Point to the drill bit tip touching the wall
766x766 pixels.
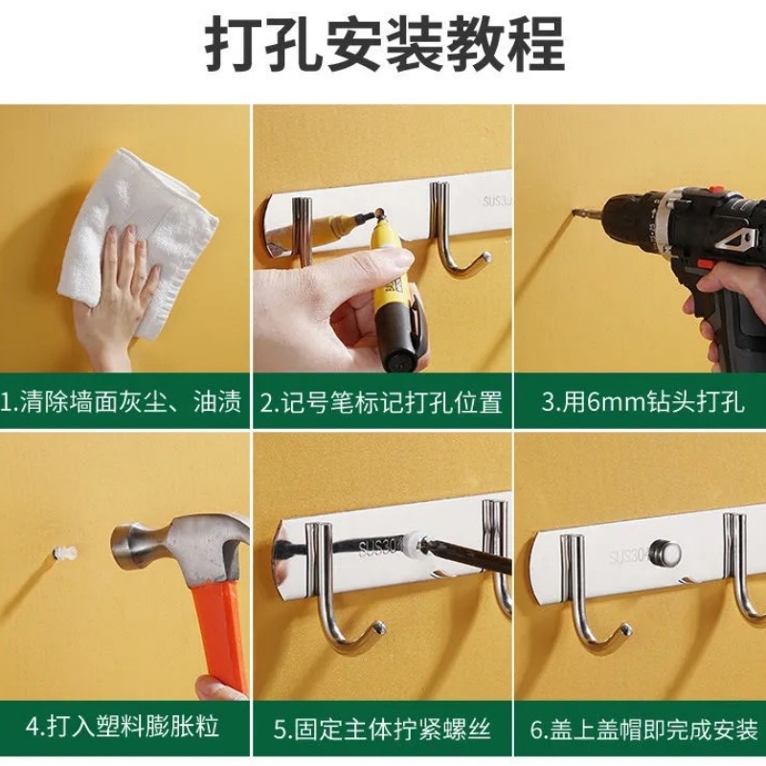point(576,214)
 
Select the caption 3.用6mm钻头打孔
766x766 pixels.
point(642,401)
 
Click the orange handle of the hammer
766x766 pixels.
point(219,632)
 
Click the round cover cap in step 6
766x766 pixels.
point(665,553)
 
